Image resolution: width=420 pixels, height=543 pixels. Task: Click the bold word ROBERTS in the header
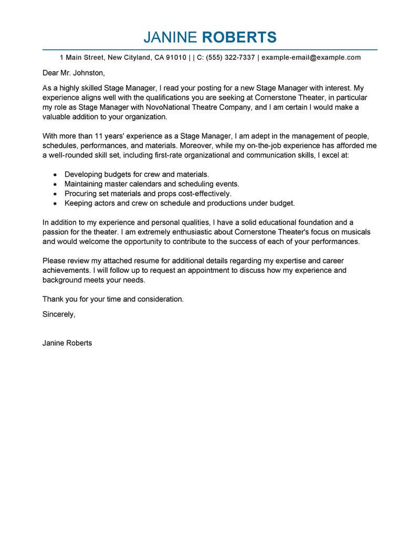[x=239, y=37]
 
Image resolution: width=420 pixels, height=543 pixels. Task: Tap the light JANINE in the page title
[x=170, y=37]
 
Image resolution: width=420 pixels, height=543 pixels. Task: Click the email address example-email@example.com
[x=311, y=58]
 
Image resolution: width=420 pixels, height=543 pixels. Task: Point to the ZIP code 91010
[x=175, y=58]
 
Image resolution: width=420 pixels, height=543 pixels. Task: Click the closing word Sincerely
[x=59, y=314]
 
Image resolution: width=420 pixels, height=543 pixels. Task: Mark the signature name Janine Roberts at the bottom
[x=67, y=343]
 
